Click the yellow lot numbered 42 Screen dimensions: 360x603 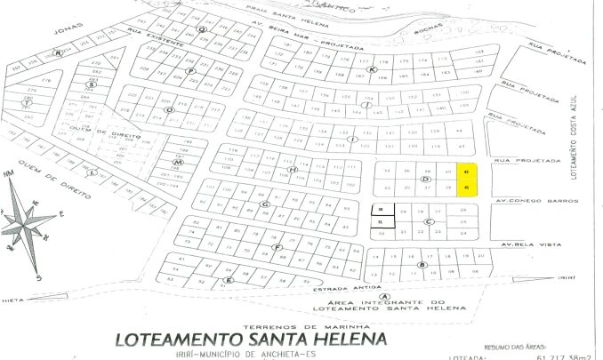pyautogui.click(x=467, y=172)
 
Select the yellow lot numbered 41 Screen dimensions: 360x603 pyautogui.click(x=467, y=188)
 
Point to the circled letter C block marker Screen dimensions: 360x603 pyautogui.click(x=430, y=221)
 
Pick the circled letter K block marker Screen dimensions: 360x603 pyautogui.click(x=374, y=69)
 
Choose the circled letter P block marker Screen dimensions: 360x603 pyautogui.click(x=189, y=70)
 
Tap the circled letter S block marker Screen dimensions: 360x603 pyautogui.click(x=91, y=84)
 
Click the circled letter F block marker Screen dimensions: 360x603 pyautogui.click(x=278, y=247)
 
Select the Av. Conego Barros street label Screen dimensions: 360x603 pyautogui.click(x=532, y=200)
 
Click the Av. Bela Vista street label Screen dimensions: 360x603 pyautogui.click(x=528, y=244)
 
